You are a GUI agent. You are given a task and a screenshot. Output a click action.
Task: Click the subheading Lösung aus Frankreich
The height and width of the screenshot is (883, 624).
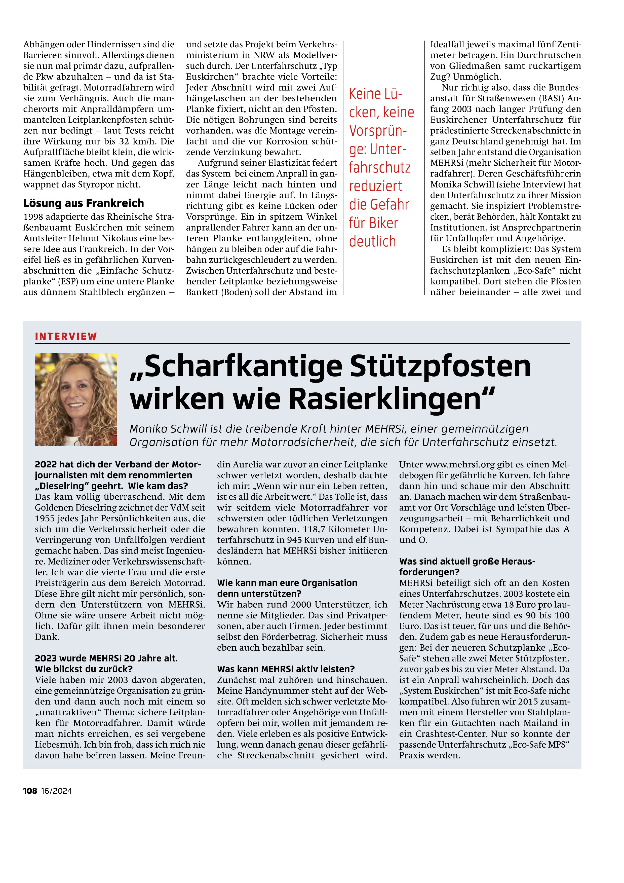point(84,203)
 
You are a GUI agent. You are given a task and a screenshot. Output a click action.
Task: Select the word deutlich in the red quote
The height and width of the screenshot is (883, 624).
point(372,242)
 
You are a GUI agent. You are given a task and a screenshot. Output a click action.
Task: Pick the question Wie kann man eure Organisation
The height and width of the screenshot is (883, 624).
point(287,583)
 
